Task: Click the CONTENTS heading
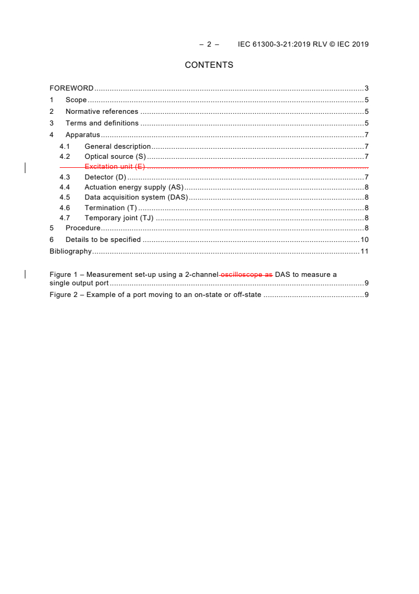209,65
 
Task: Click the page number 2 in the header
209,44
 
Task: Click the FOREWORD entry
71,88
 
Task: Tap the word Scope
76,100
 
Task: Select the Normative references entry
101,112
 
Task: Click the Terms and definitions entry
102,123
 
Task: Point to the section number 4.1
64,147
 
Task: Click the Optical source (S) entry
115,157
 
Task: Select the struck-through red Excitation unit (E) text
114,167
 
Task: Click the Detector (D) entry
106,177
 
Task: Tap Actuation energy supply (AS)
134,187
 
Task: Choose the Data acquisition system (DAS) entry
136,197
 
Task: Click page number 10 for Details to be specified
364,240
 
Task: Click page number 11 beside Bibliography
364,251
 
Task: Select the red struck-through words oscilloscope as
246,275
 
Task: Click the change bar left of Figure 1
25,274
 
